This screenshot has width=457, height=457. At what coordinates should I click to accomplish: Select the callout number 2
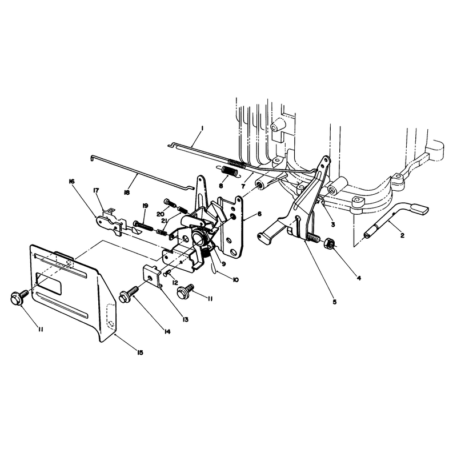402,235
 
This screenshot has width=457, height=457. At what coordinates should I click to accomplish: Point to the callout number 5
334,302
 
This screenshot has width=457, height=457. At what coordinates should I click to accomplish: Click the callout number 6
259,214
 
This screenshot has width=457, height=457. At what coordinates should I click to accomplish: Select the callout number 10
235,280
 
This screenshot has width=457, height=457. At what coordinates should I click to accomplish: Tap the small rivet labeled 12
167,273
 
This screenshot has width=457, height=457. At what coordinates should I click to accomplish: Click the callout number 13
185,319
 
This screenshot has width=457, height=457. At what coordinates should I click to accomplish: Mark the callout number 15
140,352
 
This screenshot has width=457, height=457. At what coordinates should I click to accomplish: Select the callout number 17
96,191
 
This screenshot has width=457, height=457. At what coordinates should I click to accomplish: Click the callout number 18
126,193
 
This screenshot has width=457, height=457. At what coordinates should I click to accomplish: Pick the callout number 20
161,214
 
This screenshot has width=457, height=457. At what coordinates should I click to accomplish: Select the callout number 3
332,225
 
